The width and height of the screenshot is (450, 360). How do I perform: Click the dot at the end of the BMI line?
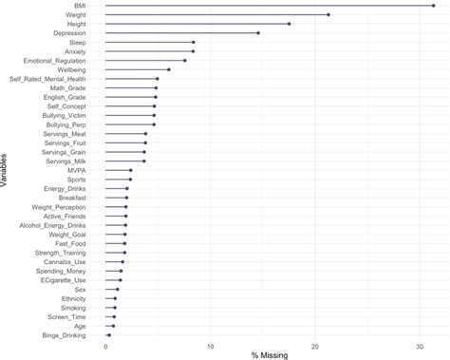tap(433, 6)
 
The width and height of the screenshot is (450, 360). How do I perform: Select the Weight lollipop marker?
tap(328, 15)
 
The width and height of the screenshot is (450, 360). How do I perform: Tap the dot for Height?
tap(289, 24)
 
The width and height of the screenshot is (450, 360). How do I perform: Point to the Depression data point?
tap(257, 33)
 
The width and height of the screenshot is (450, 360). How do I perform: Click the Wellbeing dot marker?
tap(169, 69)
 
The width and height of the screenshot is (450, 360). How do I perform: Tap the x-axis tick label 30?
tap(421, 346)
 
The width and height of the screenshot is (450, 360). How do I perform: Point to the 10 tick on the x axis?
tap(211, 346)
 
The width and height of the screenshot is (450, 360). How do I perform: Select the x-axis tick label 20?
tap(315, 346)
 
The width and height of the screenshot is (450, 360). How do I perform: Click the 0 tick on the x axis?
tap(105, 346)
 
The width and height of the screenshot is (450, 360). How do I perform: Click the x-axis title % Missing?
tap(269, 355)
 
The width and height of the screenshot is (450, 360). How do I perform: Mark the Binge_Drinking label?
tap(64, 335)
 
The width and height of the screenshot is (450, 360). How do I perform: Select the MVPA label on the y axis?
tap(76, 170)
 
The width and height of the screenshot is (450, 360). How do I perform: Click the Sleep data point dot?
tap(193, 42)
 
